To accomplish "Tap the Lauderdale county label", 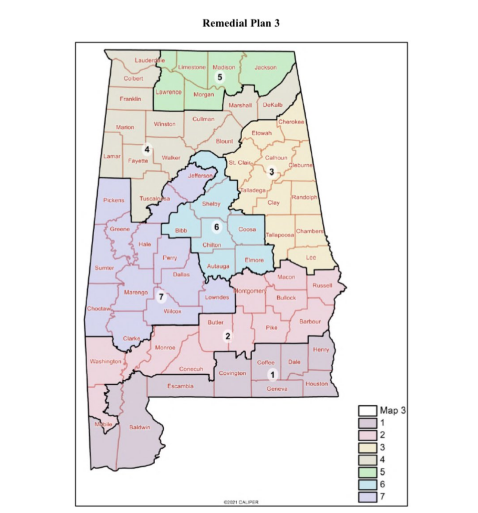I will (149, 60).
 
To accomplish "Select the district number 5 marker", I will (219, 77).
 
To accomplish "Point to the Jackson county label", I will (265, 68).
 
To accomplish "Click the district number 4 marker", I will (147, 149).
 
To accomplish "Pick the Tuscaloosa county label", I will (155, 198).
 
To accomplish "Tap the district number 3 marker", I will (271, 172).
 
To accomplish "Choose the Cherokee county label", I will (291, 122).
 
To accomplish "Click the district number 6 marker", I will (216, 227).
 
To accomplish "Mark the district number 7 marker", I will (161, 297).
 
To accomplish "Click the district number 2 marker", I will (228, 336).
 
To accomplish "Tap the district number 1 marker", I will (272, 374).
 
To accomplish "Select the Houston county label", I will (316, 384).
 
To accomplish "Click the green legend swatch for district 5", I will (365, 472).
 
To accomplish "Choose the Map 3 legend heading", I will (392, 410).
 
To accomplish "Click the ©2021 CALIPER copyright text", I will (241, 501).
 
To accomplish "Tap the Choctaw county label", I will (98, 309).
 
